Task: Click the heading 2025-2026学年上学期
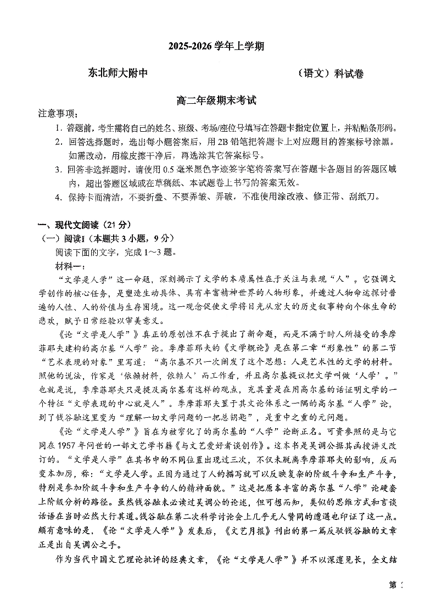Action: coord(217,47)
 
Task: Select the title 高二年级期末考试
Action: coord(217,101)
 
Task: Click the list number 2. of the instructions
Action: coord(59,142)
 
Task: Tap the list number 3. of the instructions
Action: coord(59,169)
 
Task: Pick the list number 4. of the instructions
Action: coord(59,197)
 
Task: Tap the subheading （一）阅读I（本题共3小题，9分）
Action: coord(100,238)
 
